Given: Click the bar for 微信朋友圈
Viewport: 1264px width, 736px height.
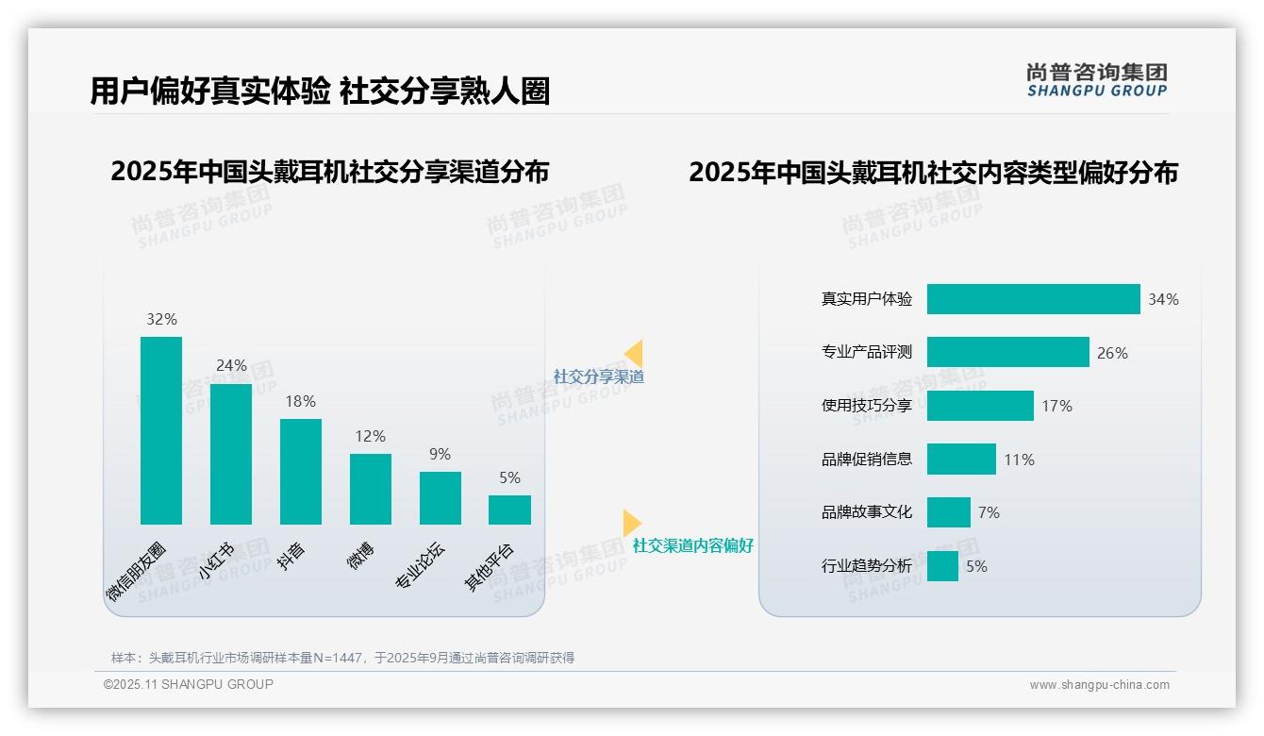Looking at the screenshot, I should coord(161,430).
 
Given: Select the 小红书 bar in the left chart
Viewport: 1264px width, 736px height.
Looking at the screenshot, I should coord(231,454).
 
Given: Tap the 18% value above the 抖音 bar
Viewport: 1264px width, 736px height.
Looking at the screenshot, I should coord(300,401).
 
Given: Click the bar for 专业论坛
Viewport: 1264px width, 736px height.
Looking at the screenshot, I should coord(441,498).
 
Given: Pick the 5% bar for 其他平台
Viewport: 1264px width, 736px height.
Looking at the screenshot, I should coord(509,510).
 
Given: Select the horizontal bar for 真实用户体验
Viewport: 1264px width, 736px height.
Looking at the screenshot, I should coord(1033,299).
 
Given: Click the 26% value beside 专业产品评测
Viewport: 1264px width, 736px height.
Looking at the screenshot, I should coord(1112,353).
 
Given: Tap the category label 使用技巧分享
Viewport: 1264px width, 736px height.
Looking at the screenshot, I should coord(867,406).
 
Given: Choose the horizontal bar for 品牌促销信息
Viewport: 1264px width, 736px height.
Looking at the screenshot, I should coord(961,460).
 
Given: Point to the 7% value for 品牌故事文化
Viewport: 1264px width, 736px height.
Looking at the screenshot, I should coord(989,512).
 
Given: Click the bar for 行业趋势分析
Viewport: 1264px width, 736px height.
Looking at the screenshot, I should coord(942,566).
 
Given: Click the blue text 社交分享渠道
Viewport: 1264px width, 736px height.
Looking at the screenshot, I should coord(598,376).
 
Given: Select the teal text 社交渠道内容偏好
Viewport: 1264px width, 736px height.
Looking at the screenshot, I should coord(692,545).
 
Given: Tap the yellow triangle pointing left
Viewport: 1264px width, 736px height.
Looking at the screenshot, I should coord(635,353).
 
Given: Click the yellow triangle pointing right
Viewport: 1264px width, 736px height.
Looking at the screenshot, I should coord(631,523).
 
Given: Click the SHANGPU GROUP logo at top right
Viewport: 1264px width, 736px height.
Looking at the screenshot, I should coord(1097,80).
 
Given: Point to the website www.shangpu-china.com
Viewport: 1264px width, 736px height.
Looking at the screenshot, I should coord(1099,685).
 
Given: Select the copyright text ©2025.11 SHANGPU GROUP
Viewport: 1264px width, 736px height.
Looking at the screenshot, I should coord(189,684).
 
